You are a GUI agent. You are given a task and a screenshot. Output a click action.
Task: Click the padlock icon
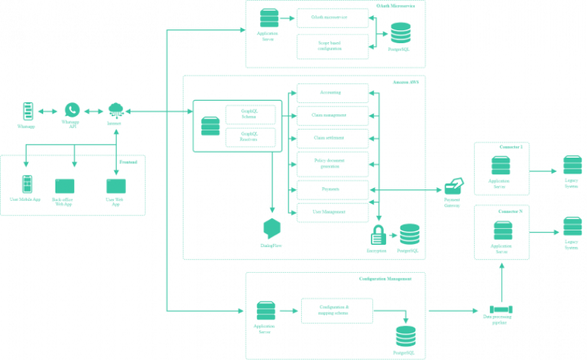tap(378, 234)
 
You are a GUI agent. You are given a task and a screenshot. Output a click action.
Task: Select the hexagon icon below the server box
tap(272, 228)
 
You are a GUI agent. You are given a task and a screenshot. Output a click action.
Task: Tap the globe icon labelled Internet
tap(115, 110)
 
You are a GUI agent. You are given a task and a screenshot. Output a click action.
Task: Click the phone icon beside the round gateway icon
tap(27, 111)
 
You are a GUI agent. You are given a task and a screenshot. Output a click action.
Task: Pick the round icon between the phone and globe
tap(71, 110)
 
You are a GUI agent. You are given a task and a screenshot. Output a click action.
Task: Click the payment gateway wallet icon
tap(453, 187)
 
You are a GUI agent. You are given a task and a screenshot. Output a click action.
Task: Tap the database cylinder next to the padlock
tap(409, 234)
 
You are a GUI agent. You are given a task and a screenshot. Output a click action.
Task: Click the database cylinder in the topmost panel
tap(400, 33)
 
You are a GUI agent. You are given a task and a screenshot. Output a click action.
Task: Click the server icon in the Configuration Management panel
tap(266, 312)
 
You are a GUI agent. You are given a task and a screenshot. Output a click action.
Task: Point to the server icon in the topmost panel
tap(269, 18)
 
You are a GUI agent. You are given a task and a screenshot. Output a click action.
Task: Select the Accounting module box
tap(332, 93)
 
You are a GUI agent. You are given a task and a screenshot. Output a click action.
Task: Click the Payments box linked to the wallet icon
tap(332, 190)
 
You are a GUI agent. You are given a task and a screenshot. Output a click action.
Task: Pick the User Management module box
tap(332, 212)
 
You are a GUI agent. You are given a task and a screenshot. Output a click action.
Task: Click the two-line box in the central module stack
tap(332, 164)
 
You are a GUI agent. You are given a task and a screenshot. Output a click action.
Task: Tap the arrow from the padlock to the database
tap(393, 235)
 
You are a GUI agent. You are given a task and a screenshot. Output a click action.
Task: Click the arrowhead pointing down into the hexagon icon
tap(272, 210)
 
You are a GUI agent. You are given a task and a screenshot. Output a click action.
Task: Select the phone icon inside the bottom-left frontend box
tap(27, 184)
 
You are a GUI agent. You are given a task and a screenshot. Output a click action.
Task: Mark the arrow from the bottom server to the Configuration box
tap(289, 311)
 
